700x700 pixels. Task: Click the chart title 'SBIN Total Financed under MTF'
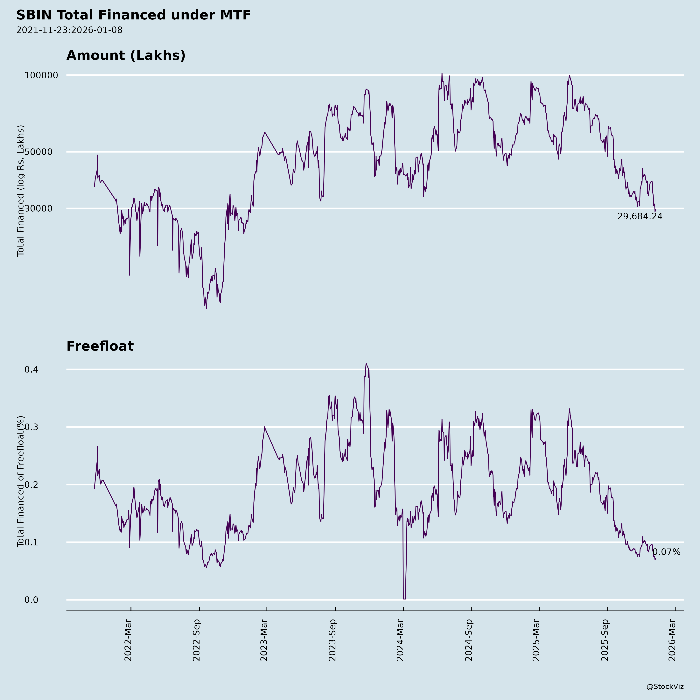tap(133, 15)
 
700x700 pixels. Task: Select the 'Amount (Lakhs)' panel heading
tap(126, 55)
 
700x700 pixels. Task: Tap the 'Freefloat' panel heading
tap(100, 346)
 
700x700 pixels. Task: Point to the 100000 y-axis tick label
tap(41, 75)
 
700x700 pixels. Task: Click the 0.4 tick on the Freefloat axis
tap(31, 370)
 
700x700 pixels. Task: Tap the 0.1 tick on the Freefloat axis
tap(31, 542)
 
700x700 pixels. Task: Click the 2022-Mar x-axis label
tap(128, 640)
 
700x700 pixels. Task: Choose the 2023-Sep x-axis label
tap(333, 640)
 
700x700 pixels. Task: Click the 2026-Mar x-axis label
tap(672, 640)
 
